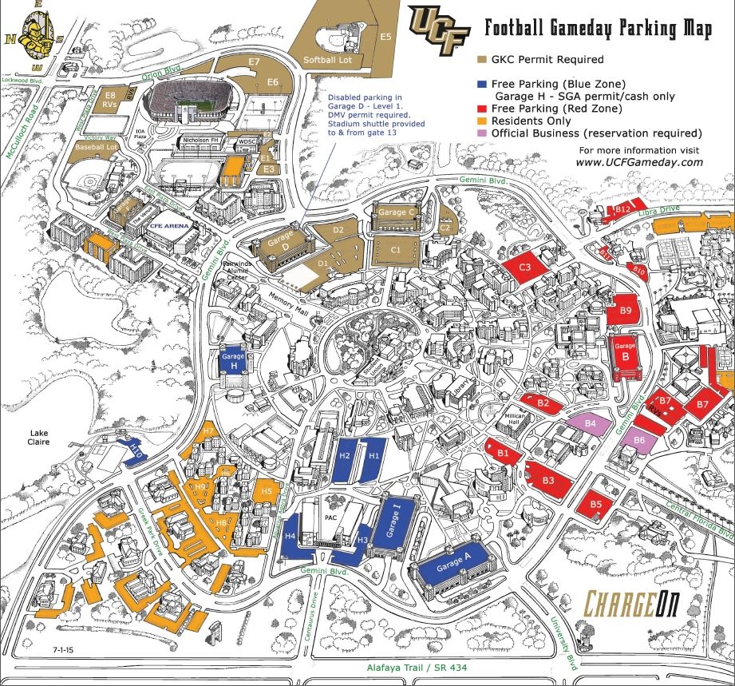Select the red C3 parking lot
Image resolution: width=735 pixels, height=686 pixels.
pos(527,267)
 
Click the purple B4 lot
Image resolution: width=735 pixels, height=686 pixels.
pos(591,423)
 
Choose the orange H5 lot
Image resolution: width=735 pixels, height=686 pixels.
pos(267,490)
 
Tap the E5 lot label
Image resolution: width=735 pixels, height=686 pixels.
pos(385,37)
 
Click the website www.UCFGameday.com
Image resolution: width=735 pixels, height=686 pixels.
pos(638,162)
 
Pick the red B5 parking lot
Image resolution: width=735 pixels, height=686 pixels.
pos(596,504)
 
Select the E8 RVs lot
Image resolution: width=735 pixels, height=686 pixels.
pos(111,99)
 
